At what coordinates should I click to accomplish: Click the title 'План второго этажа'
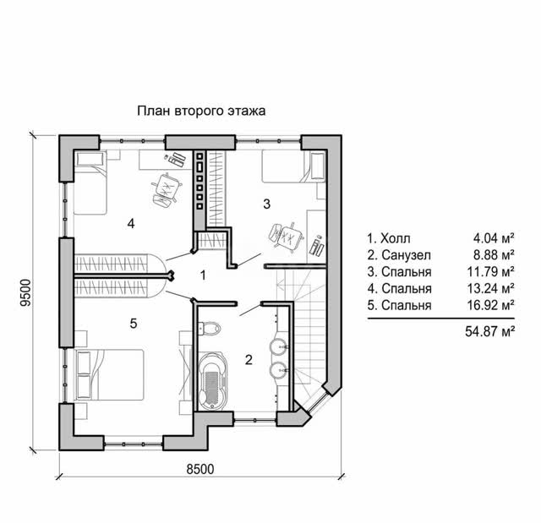[x=201, y=112]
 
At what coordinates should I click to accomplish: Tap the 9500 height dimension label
[x=26, y=292]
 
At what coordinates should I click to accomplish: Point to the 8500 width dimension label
[x=200, y=469]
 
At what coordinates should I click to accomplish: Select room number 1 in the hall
[x=203, y=275]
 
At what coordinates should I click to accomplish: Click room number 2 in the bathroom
[x=249, y=360]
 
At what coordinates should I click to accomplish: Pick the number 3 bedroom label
[x=267, y=204]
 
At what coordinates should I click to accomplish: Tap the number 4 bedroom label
[x=131, y=224]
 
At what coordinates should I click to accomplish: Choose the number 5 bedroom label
[x=134, y=324]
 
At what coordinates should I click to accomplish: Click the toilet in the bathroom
[x=209, y=328]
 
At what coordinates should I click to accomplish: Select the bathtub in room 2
[x=213, y=380]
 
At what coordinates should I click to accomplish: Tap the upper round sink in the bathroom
[x=279, y=346]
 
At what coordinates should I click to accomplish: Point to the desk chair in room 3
[x=286, y=236]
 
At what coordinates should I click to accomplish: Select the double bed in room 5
[x=109, y=375]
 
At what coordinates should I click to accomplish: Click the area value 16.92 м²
[x=490, y=305]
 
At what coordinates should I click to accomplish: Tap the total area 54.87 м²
[x=490, y=331]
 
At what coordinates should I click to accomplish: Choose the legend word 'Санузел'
[x=406, y=255]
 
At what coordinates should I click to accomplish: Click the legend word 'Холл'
[x=396, y=238]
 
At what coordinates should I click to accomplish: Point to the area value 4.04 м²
[x=494, y=238]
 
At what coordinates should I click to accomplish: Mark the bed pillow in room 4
[x=90, y=160]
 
